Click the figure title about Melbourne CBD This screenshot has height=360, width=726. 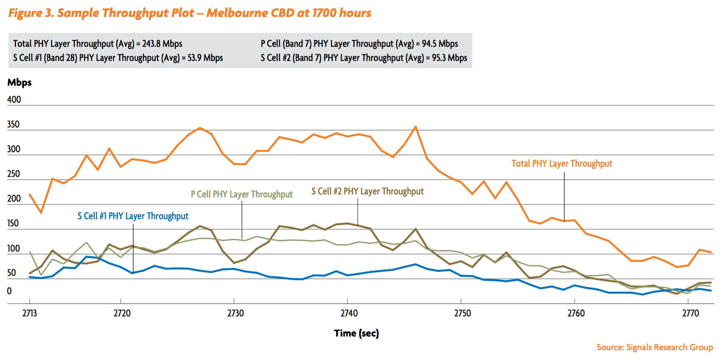(190, 13)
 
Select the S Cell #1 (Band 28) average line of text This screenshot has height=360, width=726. (118, 58)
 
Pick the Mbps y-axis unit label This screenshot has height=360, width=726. (20, 82)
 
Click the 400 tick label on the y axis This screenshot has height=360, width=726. (14, 99)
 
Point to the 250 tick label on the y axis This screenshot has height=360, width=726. (14, 174)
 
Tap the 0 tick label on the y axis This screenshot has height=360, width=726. (9, 291)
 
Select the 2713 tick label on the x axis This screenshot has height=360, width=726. (29, 313)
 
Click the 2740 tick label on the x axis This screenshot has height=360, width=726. (349, 313)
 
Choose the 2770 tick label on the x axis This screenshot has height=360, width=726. (690, 313)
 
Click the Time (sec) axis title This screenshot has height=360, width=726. (356, 333)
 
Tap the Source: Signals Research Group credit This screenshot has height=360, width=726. (654, 347)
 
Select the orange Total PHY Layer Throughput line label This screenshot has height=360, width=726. (561, 163)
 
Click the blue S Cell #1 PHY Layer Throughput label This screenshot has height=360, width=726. (133, 216)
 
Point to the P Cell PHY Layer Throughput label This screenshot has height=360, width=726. (241, 194)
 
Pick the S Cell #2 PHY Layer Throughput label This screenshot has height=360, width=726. (367, 191)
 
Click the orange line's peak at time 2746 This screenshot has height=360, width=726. (415, 127)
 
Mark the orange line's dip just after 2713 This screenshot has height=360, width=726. (41, 212)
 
